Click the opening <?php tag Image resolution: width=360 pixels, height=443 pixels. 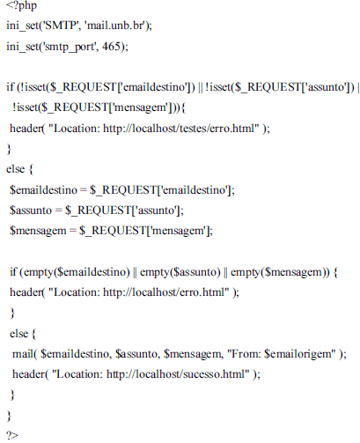tap(21, 5)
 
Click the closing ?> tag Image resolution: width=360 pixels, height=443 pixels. tap(12, 435)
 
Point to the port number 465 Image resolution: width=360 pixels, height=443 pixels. tap(111, 46)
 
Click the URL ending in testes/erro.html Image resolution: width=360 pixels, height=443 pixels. tap(181, 129)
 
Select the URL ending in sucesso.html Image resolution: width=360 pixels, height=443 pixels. tap(178, 374)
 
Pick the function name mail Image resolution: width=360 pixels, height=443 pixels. tap(23, 354)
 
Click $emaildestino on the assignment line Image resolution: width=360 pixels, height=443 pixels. tap(43, 190)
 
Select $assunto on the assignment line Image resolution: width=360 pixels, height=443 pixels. tap(31, 210)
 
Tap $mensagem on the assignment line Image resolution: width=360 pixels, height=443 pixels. tap(38, 231)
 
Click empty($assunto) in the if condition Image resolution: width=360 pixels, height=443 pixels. tap(180, 272)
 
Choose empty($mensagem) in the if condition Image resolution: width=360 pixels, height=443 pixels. tap(280, 272)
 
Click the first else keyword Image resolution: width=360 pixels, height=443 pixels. tap(15, 169)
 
